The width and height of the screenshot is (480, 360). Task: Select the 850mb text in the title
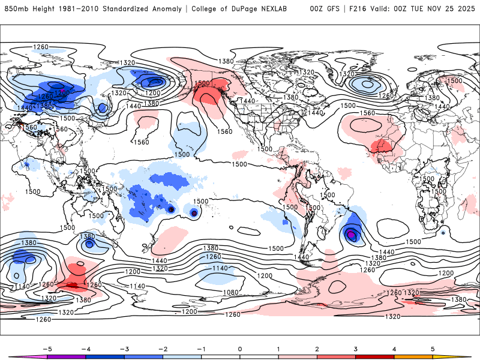click(x=17, y=9)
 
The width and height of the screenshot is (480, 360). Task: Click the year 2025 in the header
click(x=463, y=9)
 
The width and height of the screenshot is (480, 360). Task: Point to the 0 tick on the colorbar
click(x=240, y=348)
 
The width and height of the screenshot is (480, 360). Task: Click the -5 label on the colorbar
click(x=46, y=348)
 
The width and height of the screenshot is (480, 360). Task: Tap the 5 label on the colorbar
click(x=433, y=348)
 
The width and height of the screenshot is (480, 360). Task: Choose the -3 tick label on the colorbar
click(x=124, y=348)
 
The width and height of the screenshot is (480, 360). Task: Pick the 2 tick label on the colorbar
click(x=317, y=348)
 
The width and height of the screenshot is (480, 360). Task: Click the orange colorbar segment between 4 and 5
click(x=414, y=356)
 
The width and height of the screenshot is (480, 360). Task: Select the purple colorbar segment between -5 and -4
click(x=66, y=356)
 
